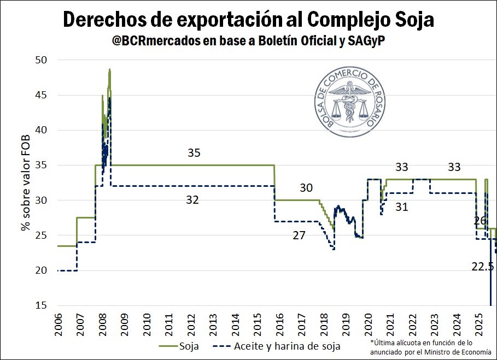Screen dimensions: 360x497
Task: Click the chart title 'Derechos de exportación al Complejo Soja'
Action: (x=248, y=20)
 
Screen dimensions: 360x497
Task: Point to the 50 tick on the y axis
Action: (x=42, y=60)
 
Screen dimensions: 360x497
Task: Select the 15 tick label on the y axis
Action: (x=42, y=305)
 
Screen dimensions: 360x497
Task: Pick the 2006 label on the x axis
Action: (x=57, y=326)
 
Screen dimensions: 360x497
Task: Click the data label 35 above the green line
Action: (x=194, y=153)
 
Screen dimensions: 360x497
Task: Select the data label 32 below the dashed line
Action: (x=192, y=200)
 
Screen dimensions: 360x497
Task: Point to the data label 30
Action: (x=306, y=188)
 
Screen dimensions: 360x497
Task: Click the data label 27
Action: (x=299, y=235)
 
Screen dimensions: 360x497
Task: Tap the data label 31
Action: (x=402, y=207)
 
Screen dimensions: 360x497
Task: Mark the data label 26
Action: (x=480, y=221)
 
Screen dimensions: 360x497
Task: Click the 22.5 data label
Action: (x=483, y=267)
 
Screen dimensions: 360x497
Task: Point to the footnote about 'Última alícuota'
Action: (x=430, y=347)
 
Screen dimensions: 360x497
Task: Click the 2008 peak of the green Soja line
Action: (x=109, y=69)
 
